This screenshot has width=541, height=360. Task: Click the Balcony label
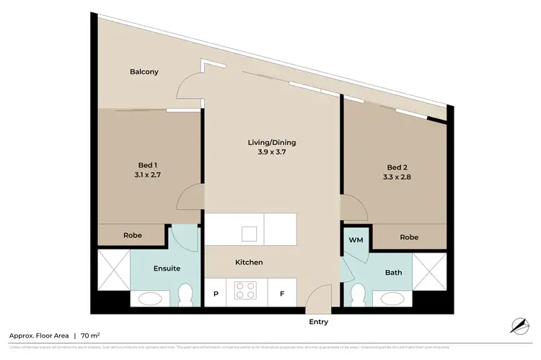point(144,71)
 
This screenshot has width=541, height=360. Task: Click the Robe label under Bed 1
point(132,235)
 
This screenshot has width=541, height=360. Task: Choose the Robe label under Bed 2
point(408,237)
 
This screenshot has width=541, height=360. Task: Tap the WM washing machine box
point(356,239)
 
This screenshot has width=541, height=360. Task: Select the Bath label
point(393,273)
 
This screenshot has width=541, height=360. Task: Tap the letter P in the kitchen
point(216,294)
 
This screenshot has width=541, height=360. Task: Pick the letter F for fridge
point(281,294)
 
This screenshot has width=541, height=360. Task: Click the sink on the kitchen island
point(250,233)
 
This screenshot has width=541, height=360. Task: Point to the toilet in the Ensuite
point(185,294)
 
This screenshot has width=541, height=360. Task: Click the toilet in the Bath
point(356,294)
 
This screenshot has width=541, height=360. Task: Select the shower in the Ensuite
point(113,265)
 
